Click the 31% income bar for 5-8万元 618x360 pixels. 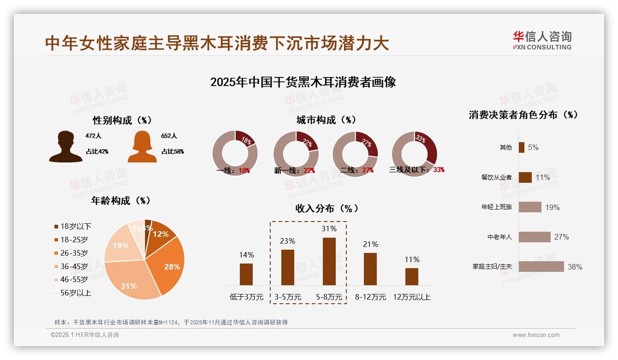click(329, 261)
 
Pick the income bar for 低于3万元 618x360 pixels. click(246, 274)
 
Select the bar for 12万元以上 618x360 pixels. click(411, 276)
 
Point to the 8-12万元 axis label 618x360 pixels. click(370, 297)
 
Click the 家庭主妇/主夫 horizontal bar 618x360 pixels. click(541, 266)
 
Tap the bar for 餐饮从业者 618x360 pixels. click(525, 177)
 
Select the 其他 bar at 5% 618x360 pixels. click(521, 147)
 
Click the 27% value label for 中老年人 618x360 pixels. click(561, 237)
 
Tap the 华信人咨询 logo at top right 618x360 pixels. click(542, 41)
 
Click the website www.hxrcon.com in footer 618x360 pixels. click(535, 335)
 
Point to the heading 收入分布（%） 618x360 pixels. click(327, 208)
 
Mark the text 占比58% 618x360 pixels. click(172, 151)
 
